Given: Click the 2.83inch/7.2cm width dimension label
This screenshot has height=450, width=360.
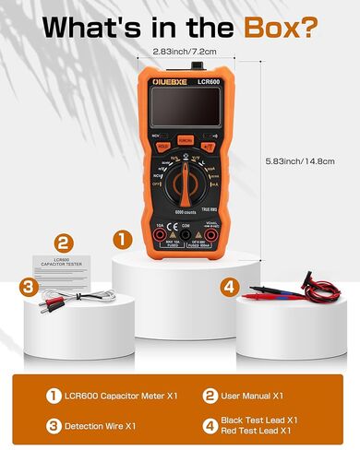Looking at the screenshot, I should pos(185,53).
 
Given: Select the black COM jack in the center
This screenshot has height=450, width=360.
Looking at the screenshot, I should pos(185,238).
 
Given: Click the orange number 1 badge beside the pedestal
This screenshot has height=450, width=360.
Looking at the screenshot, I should pos(121,239).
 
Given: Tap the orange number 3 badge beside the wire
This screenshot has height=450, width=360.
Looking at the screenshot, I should pos(30,289).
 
